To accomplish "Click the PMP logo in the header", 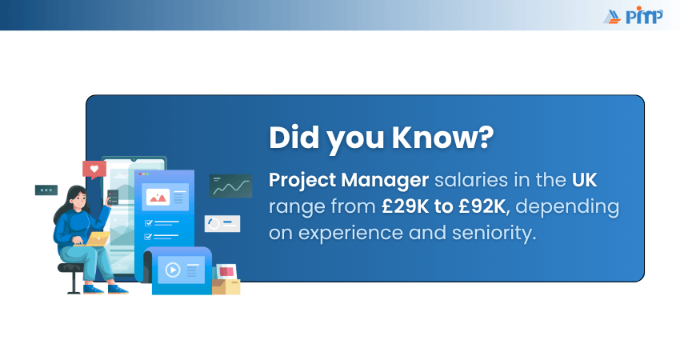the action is [633, 16].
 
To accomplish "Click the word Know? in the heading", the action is [442, 138].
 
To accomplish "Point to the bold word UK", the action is [584, 179].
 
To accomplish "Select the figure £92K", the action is [482, 206].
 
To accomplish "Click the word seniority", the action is [494, 233].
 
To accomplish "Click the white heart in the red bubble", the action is [94, 169].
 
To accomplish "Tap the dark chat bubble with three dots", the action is [46, 190].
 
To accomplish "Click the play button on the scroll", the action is [173, 270].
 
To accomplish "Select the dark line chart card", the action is [230, 186].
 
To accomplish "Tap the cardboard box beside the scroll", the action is [226, 286].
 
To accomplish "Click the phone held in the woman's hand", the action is [113, 198].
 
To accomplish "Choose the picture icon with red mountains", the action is [158, 198].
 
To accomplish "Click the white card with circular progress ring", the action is [222, 223].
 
